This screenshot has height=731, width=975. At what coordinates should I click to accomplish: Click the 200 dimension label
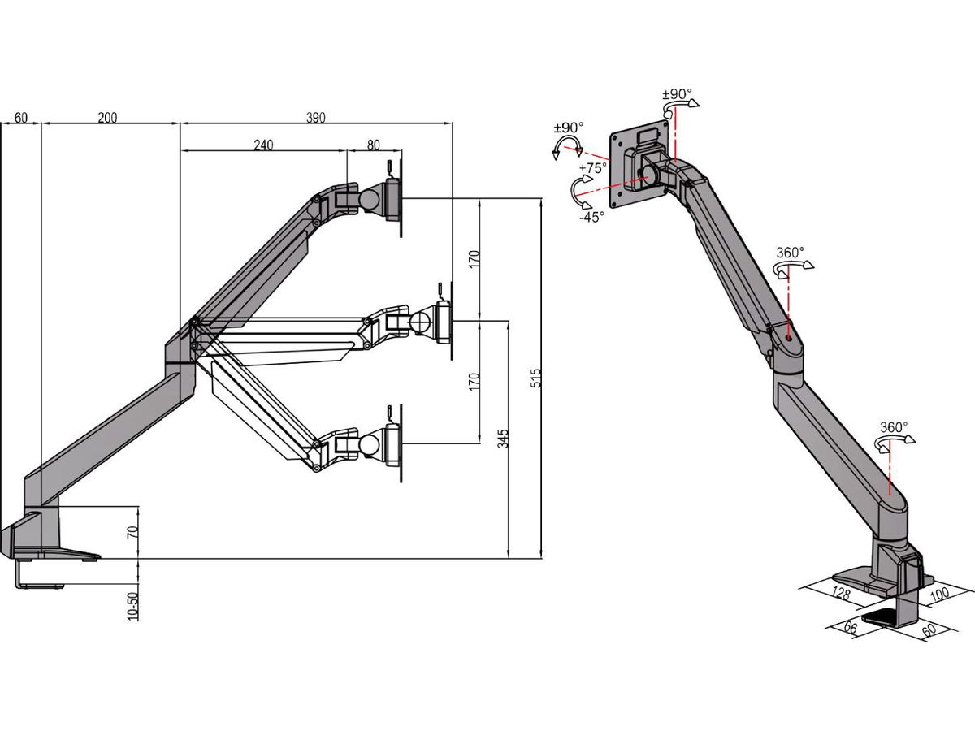coord(107,118)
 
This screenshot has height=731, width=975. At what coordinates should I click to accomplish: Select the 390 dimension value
coord(316,118)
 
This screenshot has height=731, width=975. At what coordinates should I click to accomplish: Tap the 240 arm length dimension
coord(263,145)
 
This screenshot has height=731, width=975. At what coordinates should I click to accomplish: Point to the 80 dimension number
coord(373,145)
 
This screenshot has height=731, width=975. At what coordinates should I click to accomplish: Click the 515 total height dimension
coord(535,378)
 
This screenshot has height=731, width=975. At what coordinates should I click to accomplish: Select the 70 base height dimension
coord(132,533)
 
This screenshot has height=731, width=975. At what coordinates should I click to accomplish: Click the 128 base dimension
coord(841,595)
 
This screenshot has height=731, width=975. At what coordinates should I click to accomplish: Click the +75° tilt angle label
coord(593,168)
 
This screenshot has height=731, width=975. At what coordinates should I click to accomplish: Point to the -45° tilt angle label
coord(591,217)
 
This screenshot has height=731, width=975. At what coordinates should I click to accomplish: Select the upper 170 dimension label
coord(474,259)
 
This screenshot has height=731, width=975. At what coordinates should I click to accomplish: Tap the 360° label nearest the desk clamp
coord(894,427)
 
